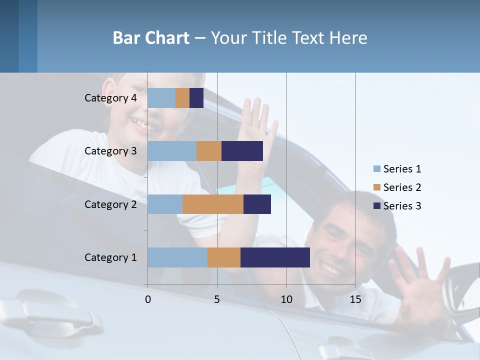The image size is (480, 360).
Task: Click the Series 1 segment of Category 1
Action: click(177, 257)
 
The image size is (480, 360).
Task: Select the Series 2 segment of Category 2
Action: click(213, 204)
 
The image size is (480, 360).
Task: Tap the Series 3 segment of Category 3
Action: click(242, 151)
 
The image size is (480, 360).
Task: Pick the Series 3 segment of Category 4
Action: click(196, 98)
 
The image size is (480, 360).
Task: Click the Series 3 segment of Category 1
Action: click(275, 257)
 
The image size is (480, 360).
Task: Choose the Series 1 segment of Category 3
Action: click(172, 151)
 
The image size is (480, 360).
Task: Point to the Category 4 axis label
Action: click(110, 98)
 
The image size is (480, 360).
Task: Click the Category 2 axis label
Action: click(110, 204)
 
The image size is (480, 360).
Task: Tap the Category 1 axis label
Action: click(110, 257)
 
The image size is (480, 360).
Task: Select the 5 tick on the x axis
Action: click(217, 299)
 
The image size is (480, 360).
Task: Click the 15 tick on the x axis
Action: click(355, 299)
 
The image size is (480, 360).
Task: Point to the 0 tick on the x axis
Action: click(148, 299)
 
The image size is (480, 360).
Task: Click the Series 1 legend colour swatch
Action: click(376, 169)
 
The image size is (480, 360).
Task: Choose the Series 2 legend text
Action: click(402, 187)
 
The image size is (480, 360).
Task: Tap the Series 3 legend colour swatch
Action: click(376, 206)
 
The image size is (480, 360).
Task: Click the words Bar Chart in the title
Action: click(151, 38)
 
